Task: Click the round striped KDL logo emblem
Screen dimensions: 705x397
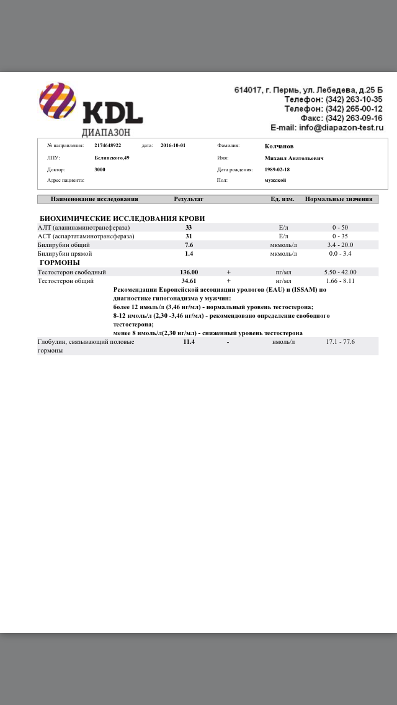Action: pos(58,101)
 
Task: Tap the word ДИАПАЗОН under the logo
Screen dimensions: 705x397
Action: pos(106,132)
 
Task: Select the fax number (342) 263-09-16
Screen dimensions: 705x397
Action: pos(354,118)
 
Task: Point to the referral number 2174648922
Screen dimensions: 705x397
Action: pos(108,145)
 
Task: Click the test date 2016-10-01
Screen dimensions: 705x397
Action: pos(172,145)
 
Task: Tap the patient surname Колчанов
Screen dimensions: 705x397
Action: pos(279,146)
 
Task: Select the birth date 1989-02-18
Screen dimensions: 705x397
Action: pos(277,169)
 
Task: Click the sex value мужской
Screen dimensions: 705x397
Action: pos(275,180)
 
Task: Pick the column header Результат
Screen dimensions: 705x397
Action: pos(189,199)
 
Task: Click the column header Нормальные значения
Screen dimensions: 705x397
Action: pos(339,199)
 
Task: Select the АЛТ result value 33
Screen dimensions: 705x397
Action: pos(189,227)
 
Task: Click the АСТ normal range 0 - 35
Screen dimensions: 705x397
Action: pos(340,236)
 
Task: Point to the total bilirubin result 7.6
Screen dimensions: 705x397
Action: pos(189,245)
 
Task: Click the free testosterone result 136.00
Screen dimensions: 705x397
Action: pos(189,272)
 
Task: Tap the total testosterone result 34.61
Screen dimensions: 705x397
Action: pos(189,281)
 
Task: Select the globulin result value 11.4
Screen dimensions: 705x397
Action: pos(189,341)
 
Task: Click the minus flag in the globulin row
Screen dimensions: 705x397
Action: pos(228,341)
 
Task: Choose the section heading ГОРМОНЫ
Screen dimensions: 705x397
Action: pos(59,263)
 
